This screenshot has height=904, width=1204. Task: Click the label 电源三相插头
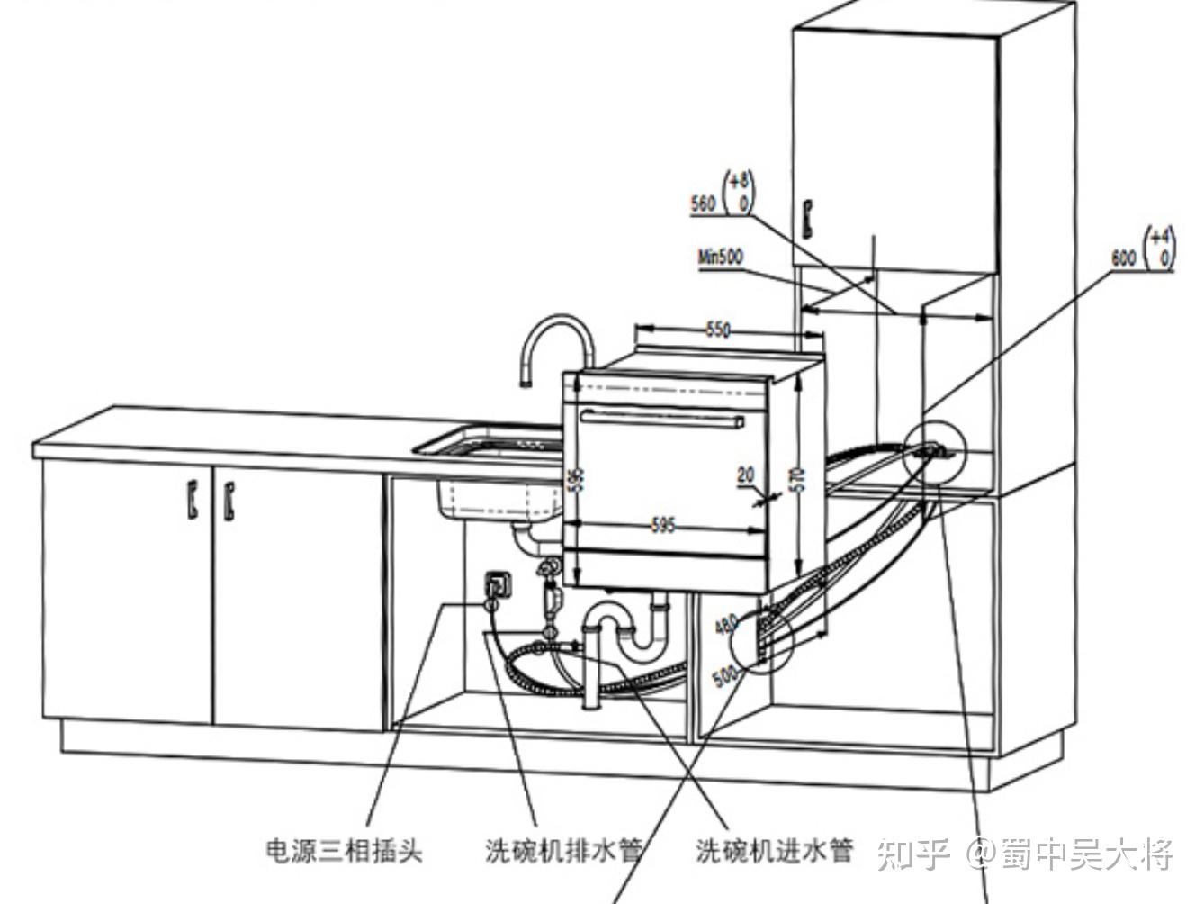click(344, 849)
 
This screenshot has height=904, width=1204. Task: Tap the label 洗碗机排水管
click(563, 850)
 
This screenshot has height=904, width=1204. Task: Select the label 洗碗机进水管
click(774, 850)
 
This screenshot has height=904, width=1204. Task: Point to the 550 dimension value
click(717, 330)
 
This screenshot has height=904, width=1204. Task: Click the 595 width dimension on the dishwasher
click(663, 525)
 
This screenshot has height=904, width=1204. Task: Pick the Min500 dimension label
click(721, 257)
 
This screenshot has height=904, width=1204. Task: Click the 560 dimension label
click(703, 203)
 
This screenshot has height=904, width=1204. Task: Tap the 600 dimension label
click(1124, 258)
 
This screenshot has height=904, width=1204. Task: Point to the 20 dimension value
click(746, 475)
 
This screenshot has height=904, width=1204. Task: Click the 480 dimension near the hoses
click(726, 624)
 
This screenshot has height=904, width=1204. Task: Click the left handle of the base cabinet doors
click(193, 500)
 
